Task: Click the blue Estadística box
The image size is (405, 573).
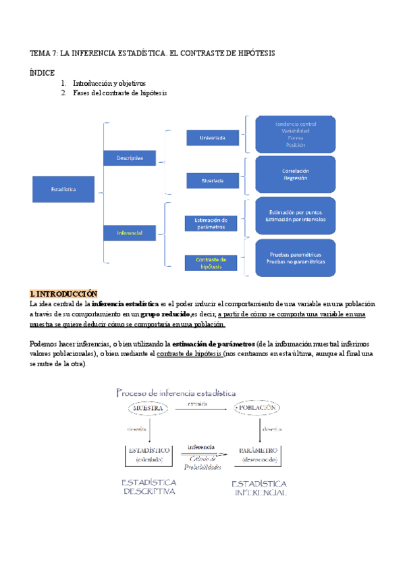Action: pos(63,189)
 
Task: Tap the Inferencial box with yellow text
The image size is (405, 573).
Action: pos(130,232)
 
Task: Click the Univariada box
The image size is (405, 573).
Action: pos(213,138)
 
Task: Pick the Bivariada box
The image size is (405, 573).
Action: pos(213,180)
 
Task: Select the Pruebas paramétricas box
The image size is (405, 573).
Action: pos(295,257)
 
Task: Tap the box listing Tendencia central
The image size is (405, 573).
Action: pos(295,134)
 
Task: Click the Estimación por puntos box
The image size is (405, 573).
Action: pos(295,216)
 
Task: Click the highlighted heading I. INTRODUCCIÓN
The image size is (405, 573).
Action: pos(64,294)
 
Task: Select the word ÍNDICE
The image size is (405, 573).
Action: pos(43,72)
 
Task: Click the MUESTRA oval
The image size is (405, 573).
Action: pos(149,409)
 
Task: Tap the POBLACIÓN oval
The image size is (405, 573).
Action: pos(257,409)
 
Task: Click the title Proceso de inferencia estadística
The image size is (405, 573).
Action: pos(176,392)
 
